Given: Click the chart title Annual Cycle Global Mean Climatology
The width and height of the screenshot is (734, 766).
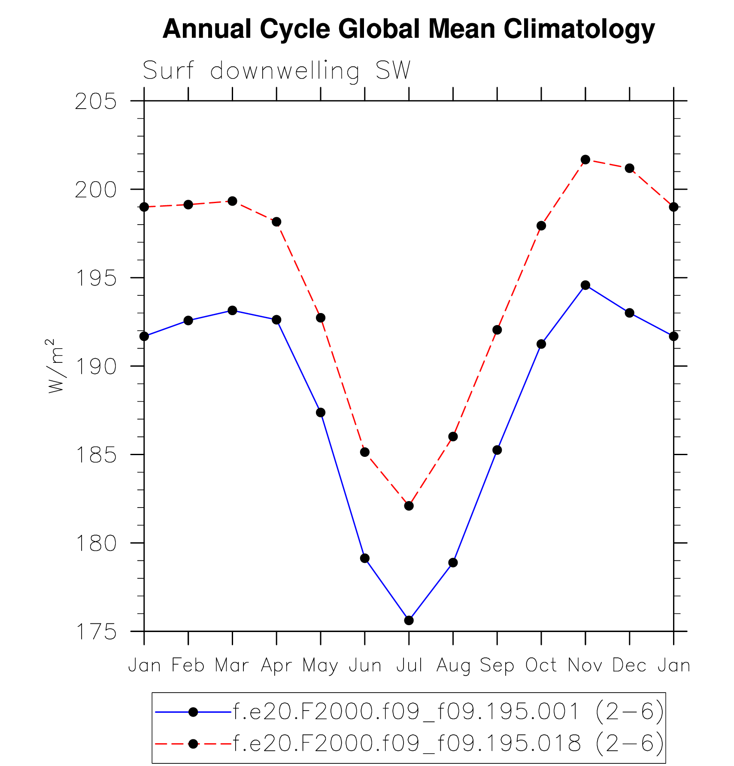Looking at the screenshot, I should coord(408,29).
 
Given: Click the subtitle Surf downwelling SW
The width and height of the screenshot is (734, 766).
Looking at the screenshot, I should coord(277,70).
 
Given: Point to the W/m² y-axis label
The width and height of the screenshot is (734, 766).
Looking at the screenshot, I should coord(55,366).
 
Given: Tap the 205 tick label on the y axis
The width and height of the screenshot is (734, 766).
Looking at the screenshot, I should coord(96,102).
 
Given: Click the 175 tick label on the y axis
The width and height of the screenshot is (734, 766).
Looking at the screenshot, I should coord(96,632).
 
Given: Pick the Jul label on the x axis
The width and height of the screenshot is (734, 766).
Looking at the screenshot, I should coord(409,665).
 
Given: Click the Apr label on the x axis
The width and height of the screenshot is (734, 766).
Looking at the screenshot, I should coord(276,666).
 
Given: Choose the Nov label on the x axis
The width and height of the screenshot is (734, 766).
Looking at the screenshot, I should coord(585,665).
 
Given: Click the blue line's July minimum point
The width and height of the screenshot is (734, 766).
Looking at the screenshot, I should coord(409,620).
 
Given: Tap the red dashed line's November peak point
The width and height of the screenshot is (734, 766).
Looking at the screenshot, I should coord(585,160).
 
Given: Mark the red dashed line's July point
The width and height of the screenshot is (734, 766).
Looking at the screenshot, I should coord(409,506).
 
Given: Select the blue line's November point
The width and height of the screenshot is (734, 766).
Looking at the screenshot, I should coord(585,285).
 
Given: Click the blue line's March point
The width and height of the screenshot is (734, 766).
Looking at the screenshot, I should coord(232,310).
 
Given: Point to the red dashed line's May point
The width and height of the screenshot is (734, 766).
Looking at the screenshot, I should coord(321,318).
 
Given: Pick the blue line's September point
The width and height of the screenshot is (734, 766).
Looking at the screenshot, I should coord(497,450).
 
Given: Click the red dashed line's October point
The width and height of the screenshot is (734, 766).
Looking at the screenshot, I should coord(541,226).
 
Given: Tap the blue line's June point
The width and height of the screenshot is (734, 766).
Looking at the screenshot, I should coord(365,558).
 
